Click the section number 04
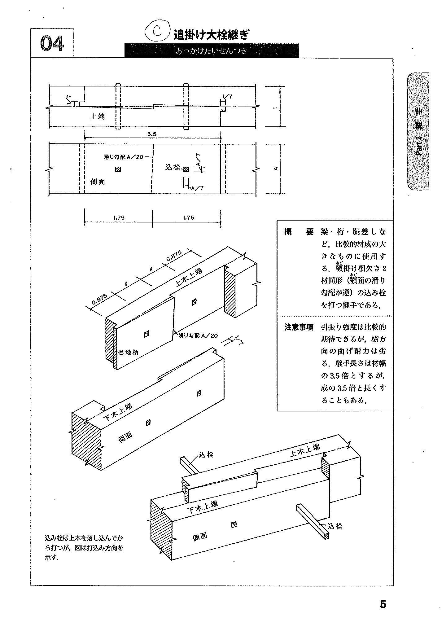tap(52, 43)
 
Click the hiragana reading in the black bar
tap(212, 51)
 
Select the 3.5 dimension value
tap(152, 134)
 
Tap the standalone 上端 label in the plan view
tap(97, 117)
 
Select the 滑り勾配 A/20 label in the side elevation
tap(124, 157)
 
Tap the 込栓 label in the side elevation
tap(173, 168)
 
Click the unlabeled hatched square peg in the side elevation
tap(118, 169)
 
